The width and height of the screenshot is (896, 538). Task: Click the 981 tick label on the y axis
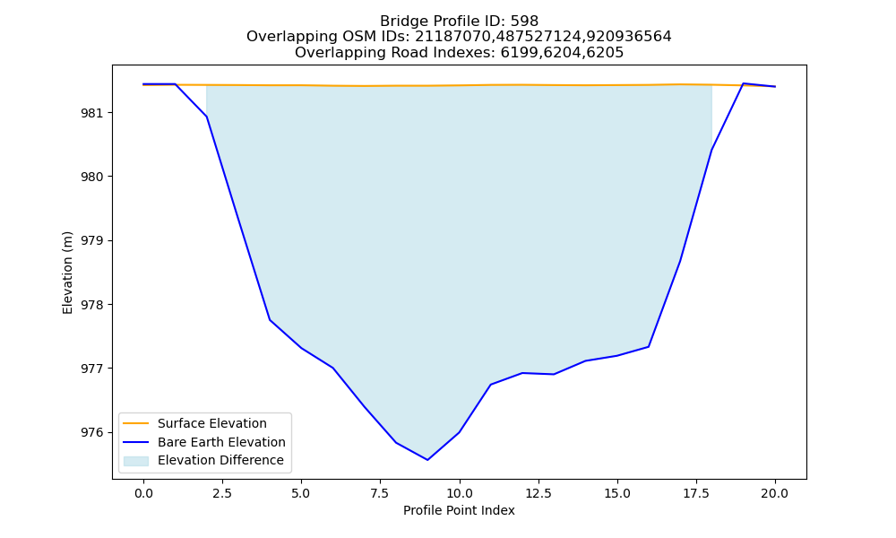coord(92,113)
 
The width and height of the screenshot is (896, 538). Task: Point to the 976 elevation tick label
coord(92,432)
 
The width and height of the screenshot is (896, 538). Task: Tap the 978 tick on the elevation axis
coord(92,305)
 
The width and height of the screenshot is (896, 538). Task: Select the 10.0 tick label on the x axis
coord(460,493)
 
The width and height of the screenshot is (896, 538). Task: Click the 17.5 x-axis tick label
coord(696,493)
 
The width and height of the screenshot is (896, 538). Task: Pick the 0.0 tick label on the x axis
coord(143,493)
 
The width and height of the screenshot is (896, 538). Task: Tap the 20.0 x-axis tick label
coord(775,493)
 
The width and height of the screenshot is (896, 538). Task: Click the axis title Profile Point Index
coord(459,510)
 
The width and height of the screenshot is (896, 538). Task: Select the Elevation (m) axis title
coord(67,273)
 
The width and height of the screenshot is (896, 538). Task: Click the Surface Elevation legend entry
coord(212,423)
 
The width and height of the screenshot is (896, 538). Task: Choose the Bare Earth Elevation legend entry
coord(221,442)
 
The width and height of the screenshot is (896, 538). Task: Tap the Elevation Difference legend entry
coord(220,460)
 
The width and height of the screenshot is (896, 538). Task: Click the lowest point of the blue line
coord(427,460)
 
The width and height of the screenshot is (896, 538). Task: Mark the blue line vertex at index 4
coord(270,319)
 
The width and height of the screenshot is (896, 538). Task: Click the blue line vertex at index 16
coord(649,346)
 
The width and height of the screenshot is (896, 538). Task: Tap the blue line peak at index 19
coord(744,83)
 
